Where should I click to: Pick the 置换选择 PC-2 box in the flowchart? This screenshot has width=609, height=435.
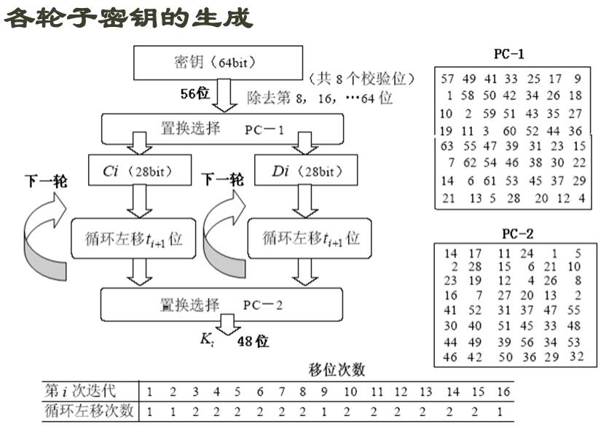point(221,305)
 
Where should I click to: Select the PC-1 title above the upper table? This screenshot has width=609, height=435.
point(508,54)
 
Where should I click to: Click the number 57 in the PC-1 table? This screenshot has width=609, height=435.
point(447,79)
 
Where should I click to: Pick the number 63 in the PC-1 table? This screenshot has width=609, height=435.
point(447,146)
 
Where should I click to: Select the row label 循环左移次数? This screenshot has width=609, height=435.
point(90,411)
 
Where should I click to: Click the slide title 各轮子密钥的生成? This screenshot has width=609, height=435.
point(129,17)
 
